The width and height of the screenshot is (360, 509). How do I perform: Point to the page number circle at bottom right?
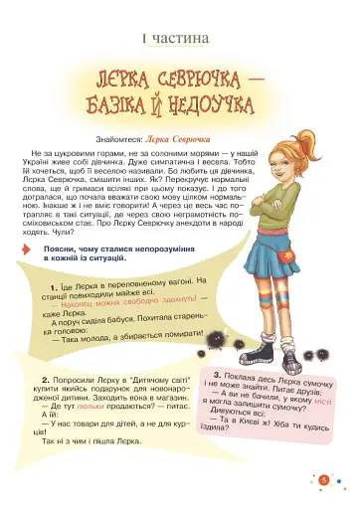coord(324,483)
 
